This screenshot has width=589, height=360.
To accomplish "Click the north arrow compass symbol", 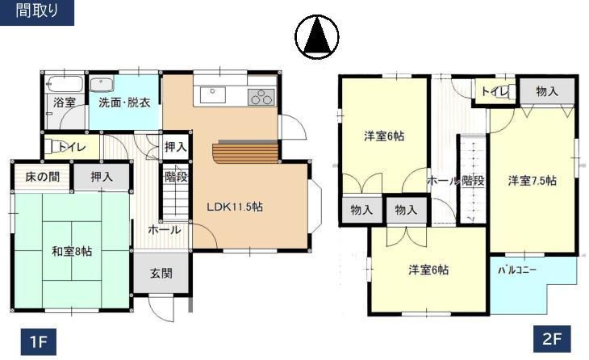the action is [x=316, y=37].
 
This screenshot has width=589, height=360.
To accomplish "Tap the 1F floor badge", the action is [x=38, y=341].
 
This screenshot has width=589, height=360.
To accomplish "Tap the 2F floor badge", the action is [x=553, y=339].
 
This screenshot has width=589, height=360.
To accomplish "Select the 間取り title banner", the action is [x=37, y=11].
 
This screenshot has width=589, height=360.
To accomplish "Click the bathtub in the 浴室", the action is [x=64, y=84].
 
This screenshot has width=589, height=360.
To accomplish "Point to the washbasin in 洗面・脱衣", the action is [x=102, y=84].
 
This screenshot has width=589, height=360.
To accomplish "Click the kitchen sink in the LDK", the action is [x=213, y=94].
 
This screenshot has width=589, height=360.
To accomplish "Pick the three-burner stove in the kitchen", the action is [x=261, y=97].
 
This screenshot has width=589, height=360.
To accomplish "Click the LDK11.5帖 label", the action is [x=235, y=207].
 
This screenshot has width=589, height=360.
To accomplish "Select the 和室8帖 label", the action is [x=72, y=251].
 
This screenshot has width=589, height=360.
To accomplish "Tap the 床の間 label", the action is [x=43, y=177].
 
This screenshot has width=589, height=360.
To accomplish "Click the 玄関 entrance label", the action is [x=161, y=273].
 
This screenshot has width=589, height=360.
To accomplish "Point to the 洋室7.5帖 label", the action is [x=533, y=181].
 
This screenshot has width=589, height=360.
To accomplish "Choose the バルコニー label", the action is [x=517, y=270].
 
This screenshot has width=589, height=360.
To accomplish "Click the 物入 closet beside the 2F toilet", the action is [x=547, y=91].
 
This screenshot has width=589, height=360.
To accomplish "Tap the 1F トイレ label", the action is [x=73, y=147].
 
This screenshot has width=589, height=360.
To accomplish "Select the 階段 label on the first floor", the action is [x=176, y=177].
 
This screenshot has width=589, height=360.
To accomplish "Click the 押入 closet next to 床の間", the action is [x=102, y=177].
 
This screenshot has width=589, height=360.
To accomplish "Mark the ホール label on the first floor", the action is [x=164, y=229].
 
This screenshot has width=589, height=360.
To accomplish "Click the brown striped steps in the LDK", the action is [x=245, y=151].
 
